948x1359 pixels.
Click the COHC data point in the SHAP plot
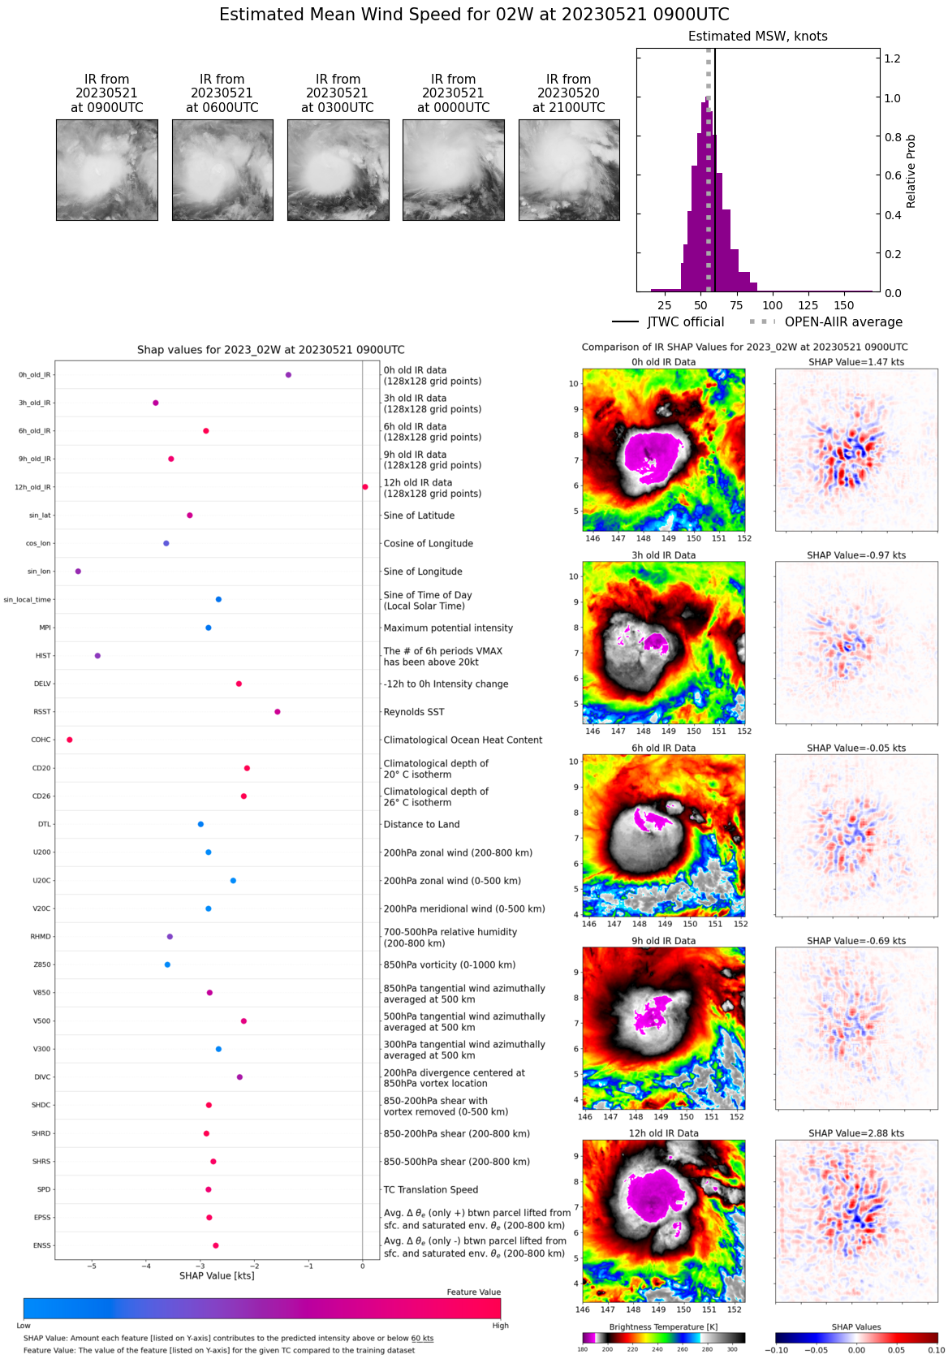click(x=70, y=740)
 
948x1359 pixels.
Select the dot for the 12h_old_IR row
click(x=365, y=487)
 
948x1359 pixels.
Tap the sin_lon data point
click(x=78, y=572)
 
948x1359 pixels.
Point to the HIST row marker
click(x=97, y=656)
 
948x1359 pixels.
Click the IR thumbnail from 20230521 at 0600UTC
click(x=222, y=170)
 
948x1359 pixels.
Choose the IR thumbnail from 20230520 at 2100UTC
click(x=569, y=170)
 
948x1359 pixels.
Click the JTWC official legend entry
click(x=668, y=322)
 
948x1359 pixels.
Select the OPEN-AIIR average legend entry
click(x=825, y=322)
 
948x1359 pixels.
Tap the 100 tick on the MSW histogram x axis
click(x=773, y=305)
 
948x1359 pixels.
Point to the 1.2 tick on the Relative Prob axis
click(x=892, y=59)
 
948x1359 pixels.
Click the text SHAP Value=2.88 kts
click(x=856, y=1133)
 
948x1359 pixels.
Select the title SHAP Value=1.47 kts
click(x=856, y=362)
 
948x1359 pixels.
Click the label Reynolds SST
click(x=414, y=712)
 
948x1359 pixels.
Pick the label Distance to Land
click(x=421, y=825)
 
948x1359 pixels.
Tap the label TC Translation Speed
click(x=430, y=1190)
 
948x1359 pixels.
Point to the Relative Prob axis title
click(x=911, y=170)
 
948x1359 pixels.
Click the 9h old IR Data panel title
click(x=663, y=941)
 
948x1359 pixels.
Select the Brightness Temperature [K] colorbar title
click(x=663, y=1327)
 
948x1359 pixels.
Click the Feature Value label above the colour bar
click(x=473, y=1292)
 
